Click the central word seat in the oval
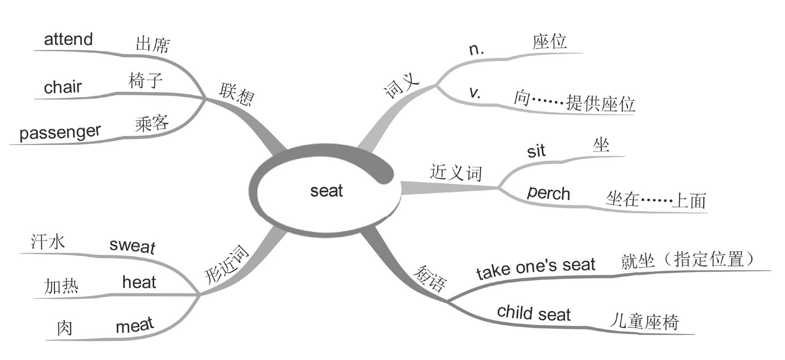(327, 191)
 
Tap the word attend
(68, 39)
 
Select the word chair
(63, 87)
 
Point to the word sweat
(132, 245)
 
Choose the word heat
(139, 282)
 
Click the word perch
(549, 193)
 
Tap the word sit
(536, 151)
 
